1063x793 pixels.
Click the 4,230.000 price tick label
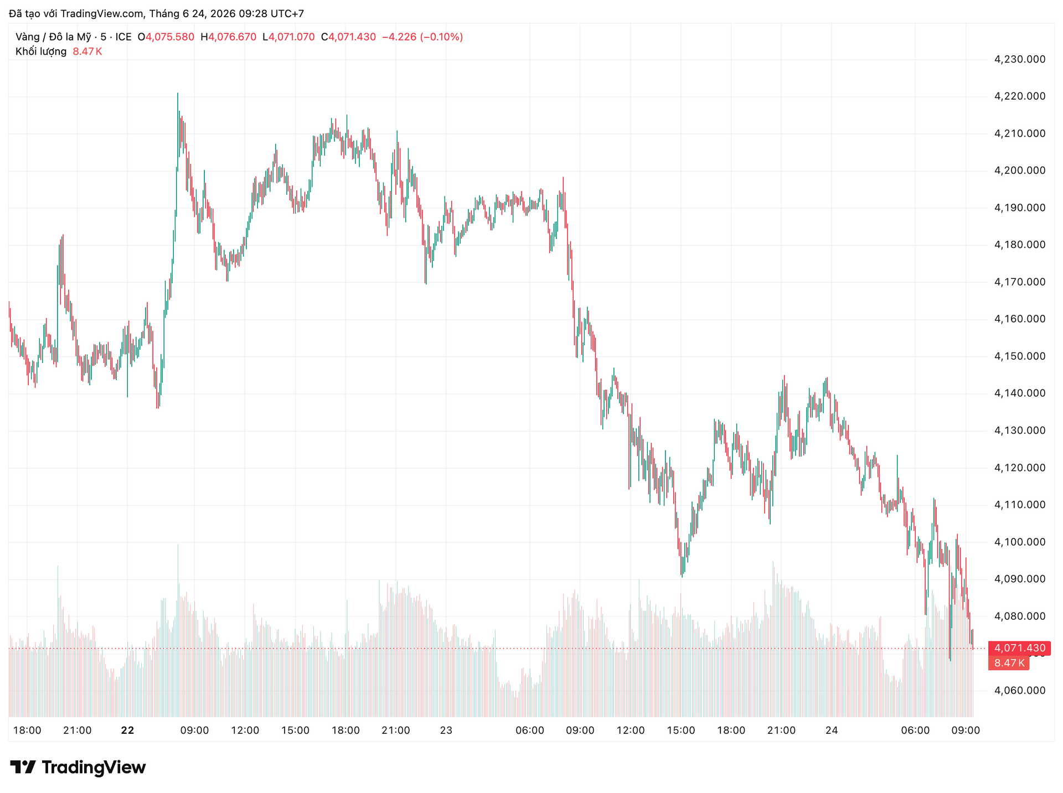tap(1020, 59)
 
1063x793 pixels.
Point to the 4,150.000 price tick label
tap(1020, 356)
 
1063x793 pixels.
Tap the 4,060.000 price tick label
tap(1020, 690)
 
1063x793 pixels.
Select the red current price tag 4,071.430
tap(1019, 648)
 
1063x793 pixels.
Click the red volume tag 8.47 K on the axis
tap(1009, 663)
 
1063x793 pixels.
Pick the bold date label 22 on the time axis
tap(127, 730)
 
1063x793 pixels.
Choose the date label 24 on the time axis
tap(832, 730)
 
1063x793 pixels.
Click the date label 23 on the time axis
tap(446, 730)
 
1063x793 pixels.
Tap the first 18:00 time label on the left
tap(27, 730)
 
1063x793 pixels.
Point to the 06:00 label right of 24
tap(915, 730)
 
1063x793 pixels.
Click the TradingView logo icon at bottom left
tap(23, 767)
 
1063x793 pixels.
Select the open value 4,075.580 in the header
tap(170, 37)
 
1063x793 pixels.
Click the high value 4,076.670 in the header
tap(233, 37)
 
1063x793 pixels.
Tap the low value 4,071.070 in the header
tap(292, 37)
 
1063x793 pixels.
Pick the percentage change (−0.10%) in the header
tap(442, 37)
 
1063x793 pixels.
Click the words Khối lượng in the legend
tap(41, 51)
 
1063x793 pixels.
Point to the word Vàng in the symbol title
tap(28, 37)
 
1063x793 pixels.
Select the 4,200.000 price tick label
tap(1020, 170)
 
